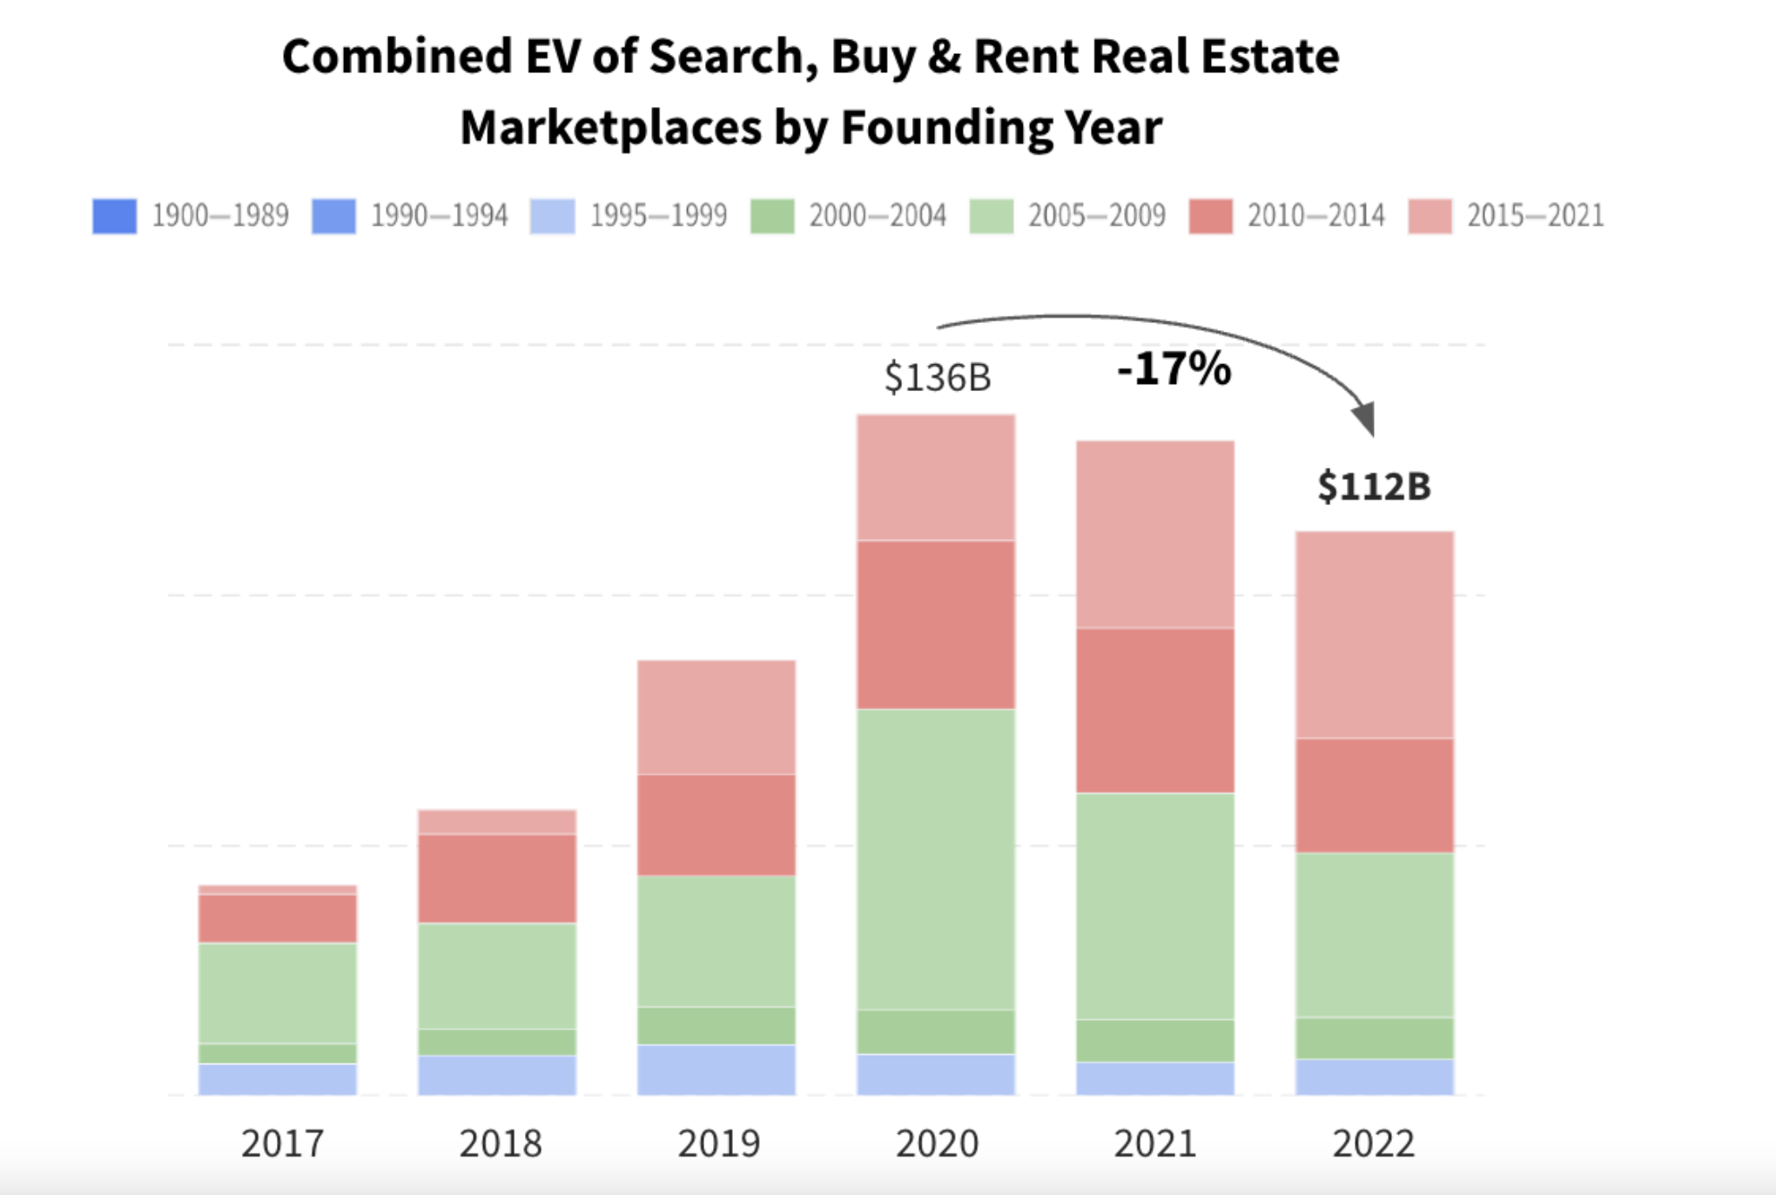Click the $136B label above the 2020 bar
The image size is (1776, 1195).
coord(938,378)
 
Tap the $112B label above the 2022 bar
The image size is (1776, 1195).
coord(1374,486)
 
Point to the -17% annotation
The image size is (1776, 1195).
coord(1174,368)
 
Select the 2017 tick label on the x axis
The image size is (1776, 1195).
coord(282,1144)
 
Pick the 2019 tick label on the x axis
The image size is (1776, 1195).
coord(719,1144)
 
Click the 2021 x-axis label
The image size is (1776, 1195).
coord(1155,1144)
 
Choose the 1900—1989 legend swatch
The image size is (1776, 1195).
coord(115,216)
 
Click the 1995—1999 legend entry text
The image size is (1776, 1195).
coord(658,216)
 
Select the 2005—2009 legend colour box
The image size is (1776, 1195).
coord(992,216)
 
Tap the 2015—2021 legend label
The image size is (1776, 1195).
coord(1535,216)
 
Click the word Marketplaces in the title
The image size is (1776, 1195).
coord(610,128)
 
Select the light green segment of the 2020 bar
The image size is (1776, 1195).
coord(936,859)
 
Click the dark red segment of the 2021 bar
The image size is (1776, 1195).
coord(1155,711)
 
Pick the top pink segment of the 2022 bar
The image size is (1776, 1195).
coord(1375,635)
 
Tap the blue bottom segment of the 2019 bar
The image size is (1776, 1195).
coord(716,1070)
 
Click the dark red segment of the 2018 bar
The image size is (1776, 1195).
coord(497,879)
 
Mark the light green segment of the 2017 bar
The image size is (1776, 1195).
coord(278,993)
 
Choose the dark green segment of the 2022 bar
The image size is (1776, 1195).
coord(1375,1038)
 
